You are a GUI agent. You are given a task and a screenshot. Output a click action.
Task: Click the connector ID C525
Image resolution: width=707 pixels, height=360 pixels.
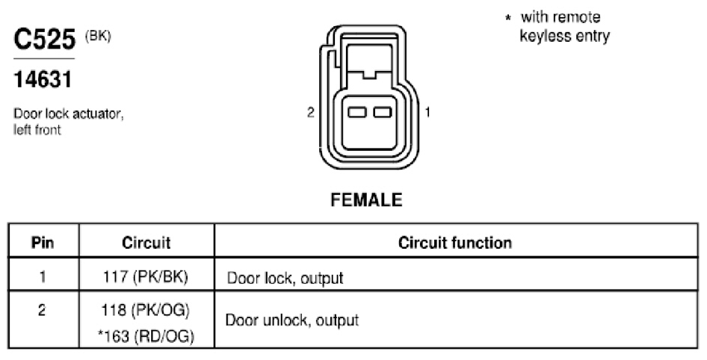[x=45, y=39]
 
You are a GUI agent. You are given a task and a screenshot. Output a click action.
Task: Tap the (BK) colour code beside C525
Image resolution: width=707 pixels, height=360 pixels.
[x=98, y=37]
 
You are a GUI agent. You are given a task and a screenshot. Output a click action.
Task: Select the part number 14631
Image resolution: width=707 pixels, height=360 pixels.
[x=43, y=80]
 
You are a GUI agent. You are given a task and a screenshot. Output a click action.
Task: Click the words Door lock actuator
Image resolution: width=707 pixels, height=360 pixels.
[x=69, y=114]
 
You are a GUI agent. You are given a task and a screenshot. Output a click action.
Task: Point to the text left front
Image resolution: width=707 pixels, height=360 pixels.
[x=37, y=130]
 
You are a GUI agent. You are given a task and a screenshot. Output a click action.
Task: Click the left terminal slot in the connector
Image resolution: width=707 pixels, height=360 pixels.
[x=356, y=112]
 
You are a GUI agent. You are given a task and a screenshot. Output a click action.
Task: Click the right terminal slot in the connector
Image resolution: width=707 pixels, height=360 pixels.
[x=383, y=112]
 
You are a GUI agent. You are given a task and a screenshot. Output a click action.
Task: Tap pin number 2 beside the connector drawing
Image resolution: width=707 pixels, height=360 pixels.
[x=310, y=112]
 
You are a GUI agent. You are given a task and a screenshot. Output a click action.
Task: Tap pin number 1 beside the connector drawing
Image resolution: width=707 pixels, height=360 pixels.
[x=427, y=112]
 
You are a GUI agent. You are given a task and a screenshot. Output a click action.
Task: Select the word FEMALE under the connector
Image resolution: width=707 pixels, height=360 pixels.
[x=366, y=199]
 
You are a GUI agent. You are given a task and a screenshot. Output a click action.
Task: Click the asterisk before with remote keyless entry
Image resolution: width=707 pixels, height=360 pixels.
[x=508, y=19]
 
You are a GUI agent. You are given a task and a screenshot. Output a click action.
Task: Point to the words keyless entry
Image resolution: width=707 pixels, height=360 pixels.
[x=564, y=36]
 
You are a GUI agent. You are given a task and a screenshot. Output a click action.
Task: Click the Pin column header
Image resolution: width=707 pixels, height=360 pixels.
[x=43, y=243]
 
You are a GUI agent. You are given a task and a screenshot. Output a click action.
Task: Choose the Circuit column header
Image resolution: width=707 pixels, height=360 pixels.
[x=146, y=243]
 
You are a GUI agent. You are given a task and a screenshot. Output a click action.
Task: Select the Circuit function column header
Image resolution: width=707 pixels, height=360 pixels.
[x=455, y=243]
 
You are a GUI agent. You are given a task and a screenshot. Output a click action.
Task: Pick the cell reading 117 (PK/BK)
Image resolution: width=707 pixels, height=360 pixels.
[x=145, y=276]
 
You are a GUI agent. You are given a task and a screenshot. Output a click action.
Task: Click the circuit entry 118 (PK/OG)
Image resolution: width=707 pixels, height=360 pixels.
[x=146, y=310]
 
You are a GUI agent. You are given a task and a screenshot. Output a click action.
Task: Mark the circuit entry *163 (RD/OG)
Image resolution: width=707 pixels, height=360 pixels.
[x=146, y=337]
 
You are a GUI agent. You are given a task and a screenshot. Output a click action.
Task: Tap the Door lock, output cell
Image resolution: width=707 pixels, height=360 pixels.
[x=285, y=278]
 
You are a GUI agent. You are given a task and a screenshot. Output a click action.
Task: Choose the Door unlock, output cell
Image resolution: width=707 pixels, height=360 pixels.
[x=292, y=320]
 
